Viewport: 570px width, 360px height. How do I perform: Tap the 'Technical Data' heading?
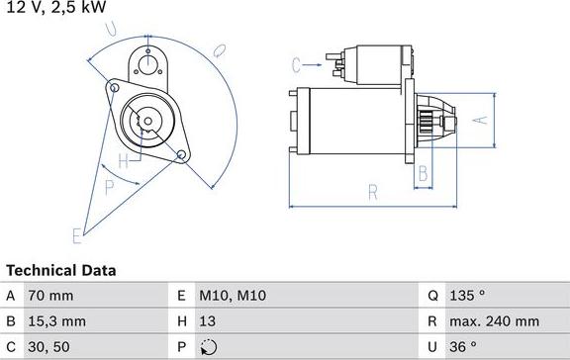pyautogui.click(x=61, y=270)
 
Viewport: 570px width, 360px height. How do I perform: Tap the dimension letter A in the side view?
pyautogui.click(x=480, y=121)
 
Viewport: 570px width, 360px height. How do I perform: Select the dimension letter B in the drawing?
pyautogui.click(x=423, y=174)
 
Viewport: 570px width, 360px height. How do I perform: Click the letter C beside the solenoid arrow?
pyautogui.click(x=296, y=65)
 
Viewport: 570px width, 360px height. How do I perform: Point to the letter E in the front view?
pyautogui.click(x=75, y=234)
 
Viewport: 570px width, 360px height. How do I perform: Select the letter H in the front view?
pyautogui.click(x=123, y=160)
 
